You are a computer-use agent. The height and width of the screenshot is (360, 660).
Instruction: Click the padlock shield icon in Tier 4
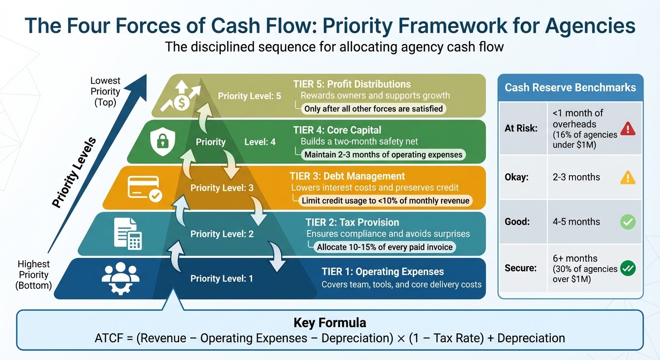click(x=162, y=141)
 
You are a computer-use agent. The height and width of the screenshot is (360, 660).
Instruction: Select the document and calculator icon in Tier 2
click(x=128, y=234)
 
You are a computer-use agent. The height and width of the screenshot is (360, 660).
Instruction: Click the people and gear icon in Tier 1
click(x=120, y=278)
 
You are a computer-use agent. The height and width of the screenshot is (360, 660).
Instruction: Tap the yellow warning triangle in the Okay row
click(x=628, y=177)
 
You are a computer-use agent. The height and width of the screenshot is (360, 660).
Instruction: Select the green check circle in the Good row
click(x=628, y=222)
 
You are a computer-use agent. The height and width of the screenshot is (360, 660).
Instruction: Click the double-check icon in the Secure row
click(x=628, y=269)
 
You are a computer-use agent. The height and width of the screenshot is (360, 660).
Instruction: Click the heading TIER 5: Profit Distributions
click(x=352, y=84)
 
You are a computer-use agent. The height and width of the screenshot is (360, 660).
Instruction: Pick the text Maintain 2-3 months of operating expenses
click(x=383, y=155)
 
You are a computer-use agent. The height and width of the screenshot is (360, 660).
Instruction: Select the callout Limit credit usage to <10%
click(x=386, y=201)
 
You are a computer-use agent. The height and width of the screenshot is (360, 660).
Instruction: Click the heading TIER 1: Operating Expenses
click(x=382, y=272)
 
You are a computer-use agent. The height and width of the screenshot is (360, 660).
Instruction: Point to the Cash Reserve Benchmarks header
click(x=570, y=88)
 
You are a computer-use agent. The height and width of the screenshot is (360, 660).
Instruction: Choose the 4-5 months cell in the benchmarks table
click(x=576, y=222)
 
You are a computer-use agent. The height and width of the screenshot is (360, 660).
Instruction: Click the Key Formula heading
click(x=330, y=323)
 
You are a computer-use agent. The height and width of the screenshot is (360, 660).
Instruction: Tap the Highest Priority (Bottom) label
click(x=34, y=275)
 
